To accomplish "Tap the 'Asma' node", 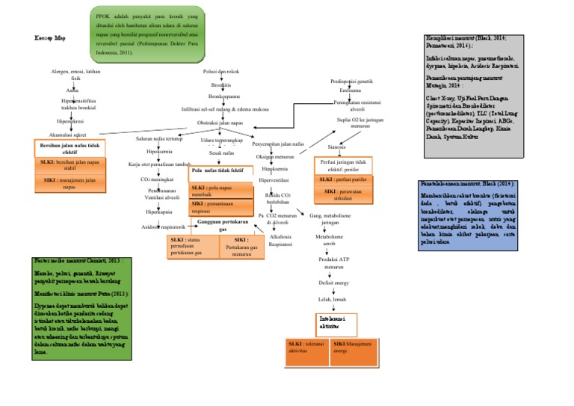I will pyautogui.click(x=72, y=90).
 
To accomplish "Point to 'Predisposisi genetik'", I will pyautogui.click(x=351, y=80).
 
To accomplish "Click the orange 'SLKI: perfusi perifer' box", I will pyautogui.click(x=344, y=180).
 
